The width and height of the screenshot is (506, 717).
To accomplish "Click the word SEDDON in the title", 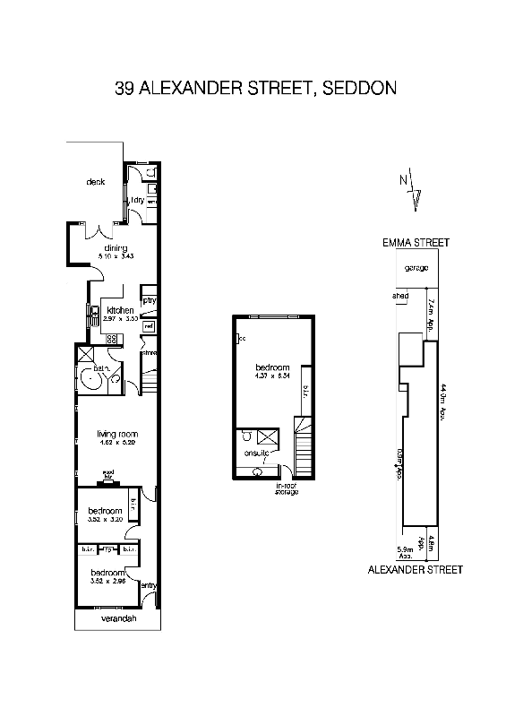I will click(356, 88).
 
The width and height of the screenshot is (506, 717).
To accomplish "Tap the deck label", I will click(96, 182).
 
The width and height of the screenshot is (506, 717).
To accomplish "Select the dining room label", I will click(115, 248).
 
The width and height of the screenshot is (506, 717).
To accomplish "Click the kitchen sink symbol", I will click(92, 315).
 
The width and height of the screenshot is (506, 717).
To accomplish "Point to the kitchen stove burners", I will click(113, 339).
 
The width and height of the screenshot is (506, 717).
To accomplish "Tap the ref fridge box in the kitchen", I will click(149, 326).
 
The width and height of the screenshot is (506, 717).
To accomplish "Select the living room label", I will click(116, 435).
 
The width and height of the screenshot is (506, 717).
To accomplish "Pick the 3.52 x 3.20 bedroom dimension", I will click(104, 519).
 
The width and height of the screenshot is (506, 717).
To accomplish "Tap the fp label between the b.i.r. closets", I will click(107, 549).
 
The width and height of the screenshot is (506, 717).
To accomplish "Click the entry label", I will click(149, 586).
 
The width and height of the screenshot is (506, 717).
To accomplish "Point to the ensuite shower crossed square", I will click(267, 437).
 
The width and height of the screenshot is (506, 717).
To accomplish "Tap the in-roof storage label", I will click(286, 489).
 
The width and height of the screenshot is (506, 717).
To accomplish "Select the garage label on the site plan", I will click(415, 268).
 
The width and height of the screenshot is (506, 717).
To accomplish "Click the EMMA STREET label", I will click(416, 242).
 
